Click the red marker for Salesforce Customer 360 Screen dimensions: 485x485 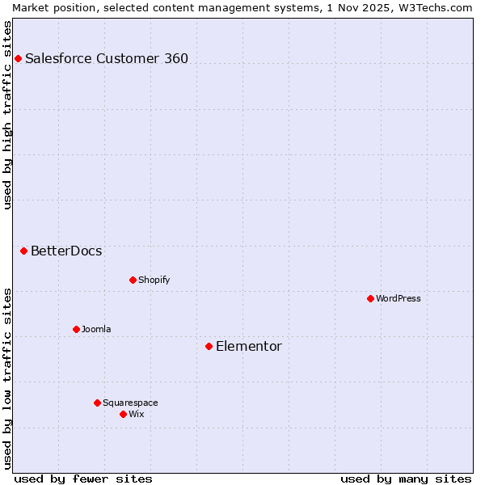click(18, 58)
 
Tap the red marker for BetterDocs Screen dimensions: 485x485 click(24, 251)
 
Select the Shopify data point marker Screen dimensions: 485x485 click(133, 280)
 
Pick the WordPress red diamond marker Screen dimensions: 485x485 click(370, 299)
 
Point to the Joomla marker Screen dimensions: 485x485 click(76, 330)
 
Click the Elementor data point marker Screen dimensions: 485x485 click(209, 347)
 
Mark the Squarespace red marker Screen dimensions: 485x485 click(97, 403)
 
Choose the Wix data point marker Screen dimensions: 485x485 click(123, 415)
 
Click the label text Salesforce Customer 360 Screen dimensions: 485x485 click(107, 58)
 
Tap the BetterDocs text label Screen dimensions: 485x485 click(66, 251)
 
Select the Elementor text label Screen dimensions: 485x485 click(249, 347)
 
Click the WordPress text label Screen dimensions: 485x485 click(399, 299)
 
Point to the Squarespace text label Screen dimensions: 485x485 click(130, 403)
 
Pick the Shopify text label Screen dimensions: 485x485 click(154, 280)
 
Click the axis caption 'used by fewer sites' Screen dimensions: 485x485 click(83, 479)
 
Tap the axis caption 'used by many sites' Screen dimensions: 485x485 click(406, 479)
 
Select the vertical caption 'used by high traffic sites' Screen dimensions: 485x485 click(7, 115)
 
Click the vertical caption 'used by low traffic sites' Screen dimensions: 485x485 click(7, 378)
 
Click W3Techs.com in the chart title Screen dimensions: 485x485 click(441, 7)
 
